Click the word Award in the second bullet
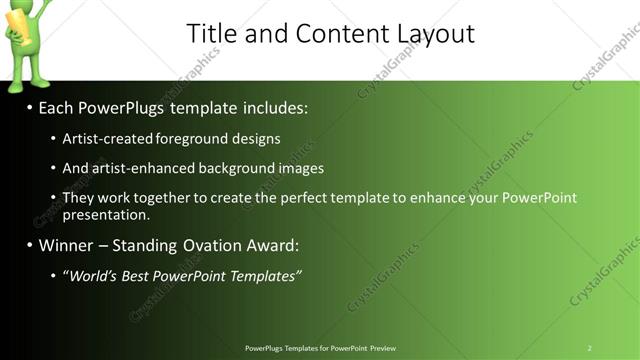(270, 245)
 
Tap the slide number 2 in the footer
(589, 348)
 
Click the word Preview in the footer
(382, 348)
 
